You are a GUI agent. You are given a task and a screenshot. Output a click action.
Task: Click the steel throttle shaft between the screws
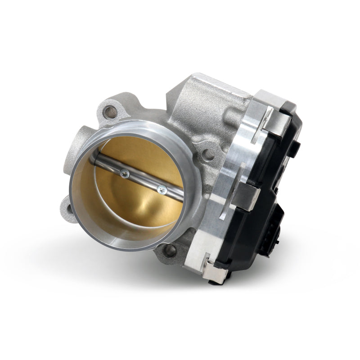pyautogui.click(x=143, y=180)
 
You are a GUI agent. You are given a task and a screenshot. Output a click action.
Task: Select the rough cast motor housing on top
pyautogui.click(x=202, y=103)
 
